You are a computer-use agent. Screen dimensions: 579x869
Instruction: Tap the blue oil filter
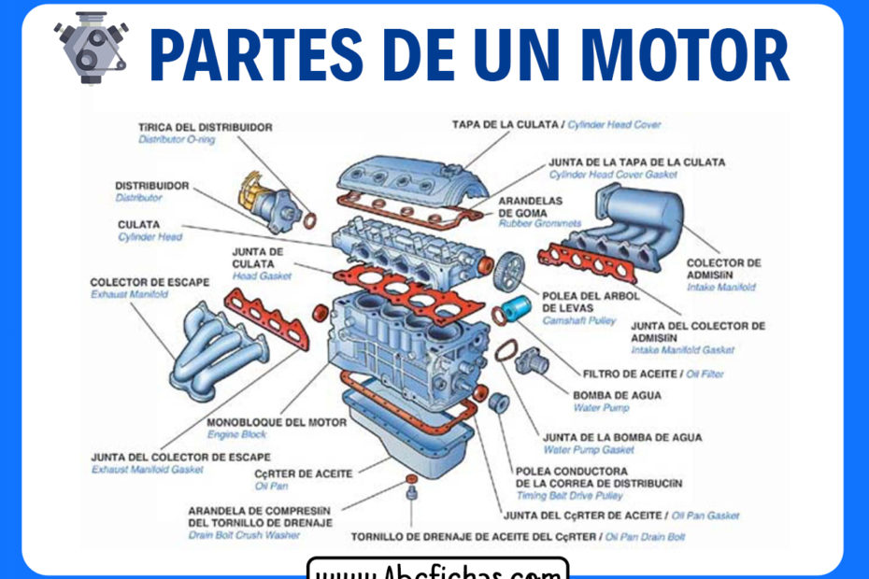(518, 307)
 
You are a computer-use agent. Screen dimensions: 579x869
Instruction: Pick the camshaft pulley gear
(510, 270)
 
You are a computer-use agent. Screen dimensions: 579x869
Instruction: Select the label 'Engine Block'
(236, 435)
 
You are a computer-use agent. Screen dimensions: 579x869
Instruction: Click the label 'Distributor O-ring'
(177, 139)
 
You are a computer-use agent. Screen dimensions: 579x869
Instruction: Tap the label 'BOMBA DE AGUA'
(617, 395)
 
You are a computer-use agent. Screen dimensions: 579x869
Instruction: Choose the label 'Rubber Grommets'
(539, 224)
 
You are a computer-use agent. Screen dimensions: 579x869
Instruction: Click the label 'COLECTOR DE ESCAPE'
(150, 282)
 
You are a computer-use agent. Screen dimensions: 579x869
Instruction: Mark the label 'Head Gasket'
(262, 276)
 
